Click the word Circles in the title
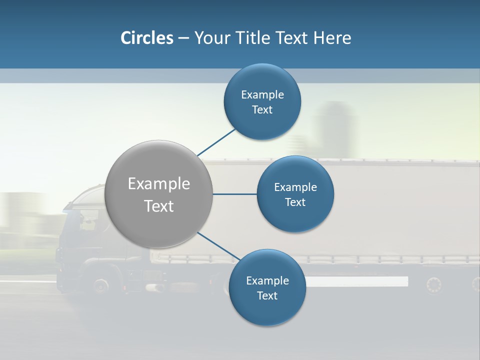click(146, 38)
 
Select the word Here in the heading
click(332, 38)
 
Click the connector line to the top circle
click(217, 142)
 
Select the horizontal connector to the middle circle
click(234, 194)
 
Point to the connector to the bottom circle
click(219, 245)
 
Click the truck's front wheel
click(101, 285)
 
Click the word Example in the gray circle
click(158, 184)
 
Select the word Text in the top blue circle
click(262, 110)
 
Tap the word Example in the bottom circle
click(267, 281)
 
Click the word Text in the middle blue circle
click(295, 202)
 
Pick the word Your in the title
click(212, 38)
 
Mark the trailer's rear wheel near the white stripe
click(434, 285)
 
